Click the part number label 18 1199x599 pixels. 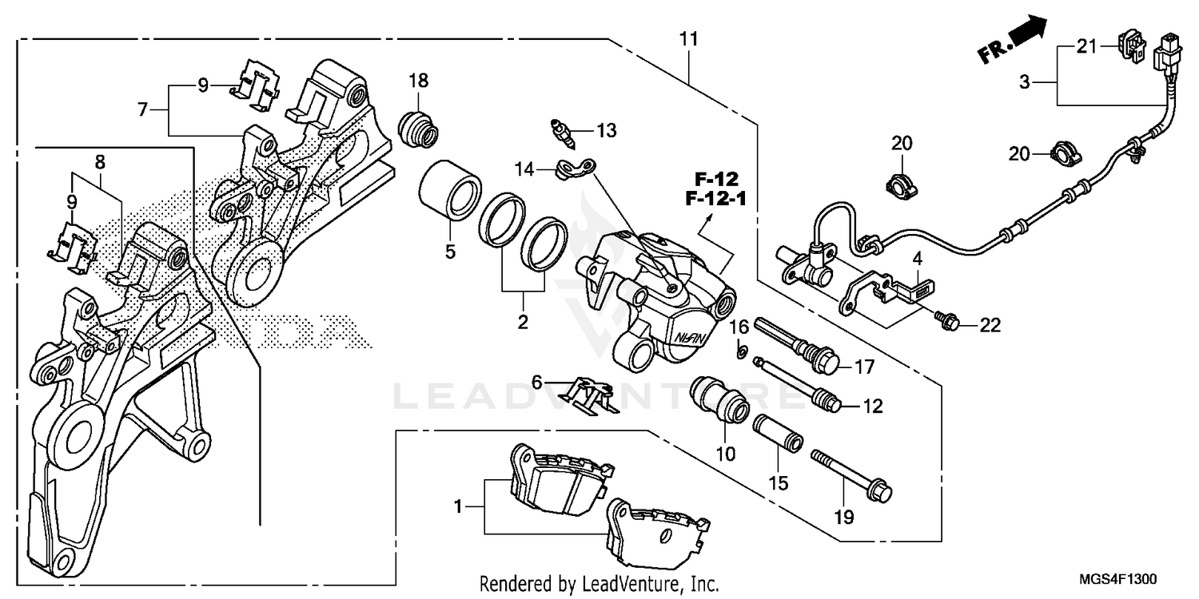(419, 81)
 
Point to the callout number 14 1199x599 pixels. (524, 169)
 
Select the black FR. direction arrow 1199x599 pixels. (1026, 36)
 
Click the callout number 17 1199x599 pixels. (866, 367)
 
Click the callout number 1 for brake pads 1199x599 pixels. (457, 506)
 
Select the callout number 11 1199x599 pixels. (689, 38)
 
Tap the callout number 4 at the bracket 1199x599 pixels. (918, 258)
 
